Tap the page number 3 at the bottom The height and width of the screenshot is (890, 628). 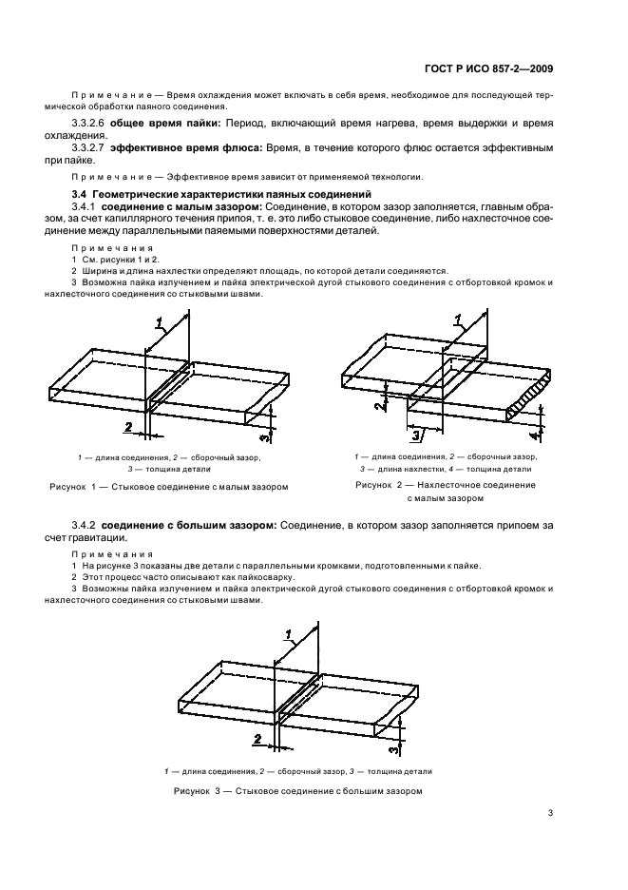(550, 812)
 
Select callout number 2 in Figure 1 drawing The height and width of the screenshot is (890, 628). (127, 427)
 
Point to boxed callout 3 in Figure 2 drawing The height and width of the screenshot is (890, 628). (416, 435)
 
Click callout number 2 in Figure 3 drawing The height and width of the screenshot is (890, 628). (257, 737)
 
